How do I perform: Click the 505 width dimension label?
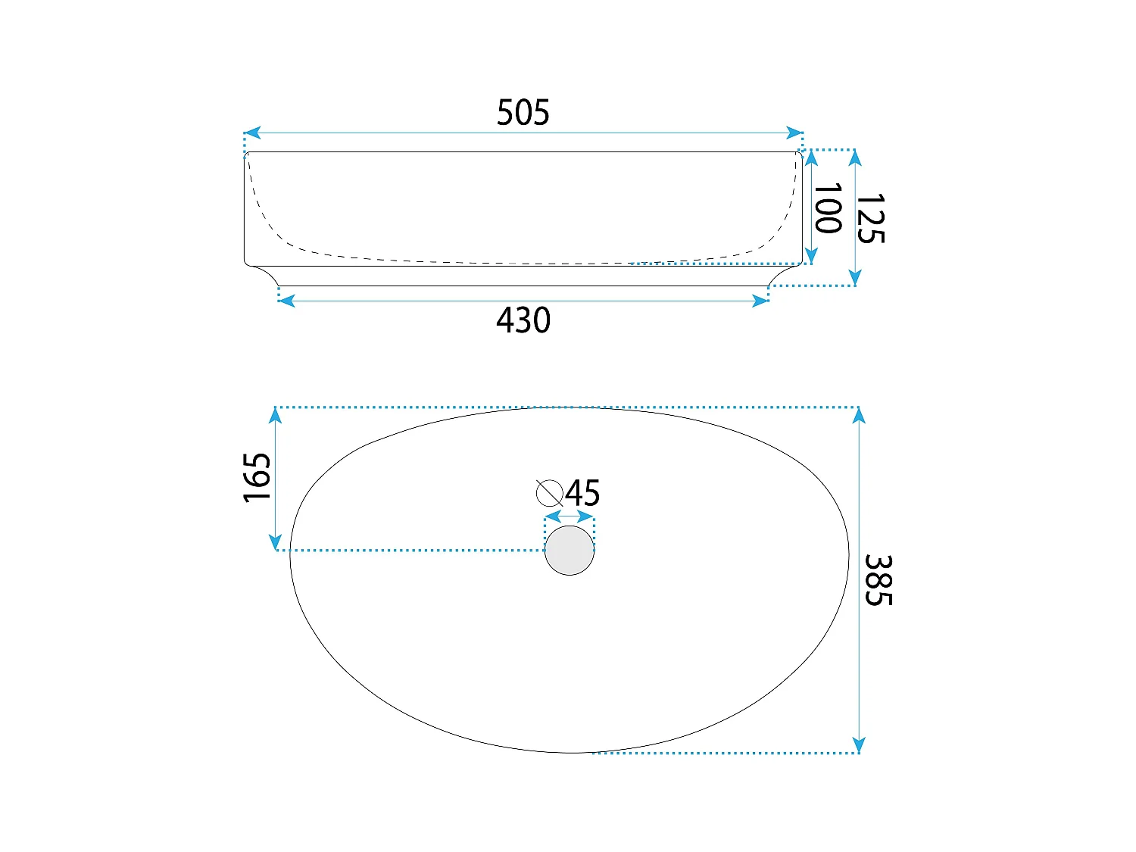(523, 112)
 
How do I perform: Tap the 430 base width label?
(523, 320)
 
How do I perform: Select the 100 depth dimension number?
(827, 208)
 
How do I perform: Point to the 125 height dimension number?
(870, 218)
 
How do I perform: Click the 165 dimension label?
(257, 477)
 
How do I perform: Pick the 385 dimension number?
(879, 580)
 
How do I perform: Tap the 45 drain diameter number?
(582, 493)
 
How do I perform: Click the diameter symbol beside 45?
(549, 493)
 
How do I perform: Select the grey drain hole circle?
(570, 551)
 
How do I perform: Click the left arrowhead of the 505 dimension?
(252, 133)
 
